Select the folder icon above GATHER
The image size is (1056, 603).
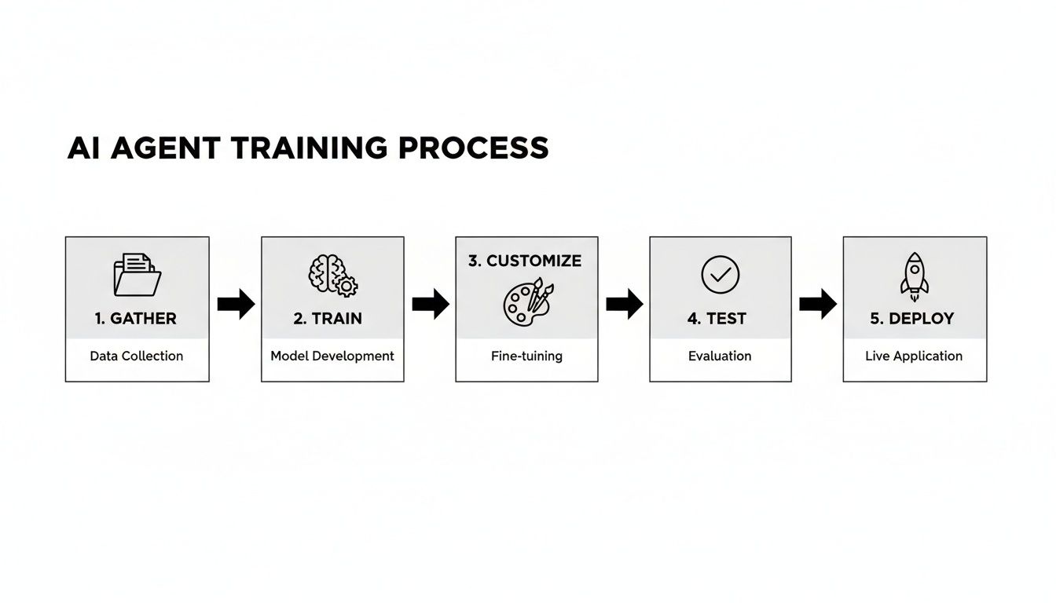pos(137,274)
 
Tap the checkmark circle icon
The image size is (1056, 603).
pos(720,274)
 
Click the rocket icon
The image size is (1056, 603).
pos(914,276)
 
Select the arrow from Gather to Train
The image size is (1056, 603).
pos(236,304)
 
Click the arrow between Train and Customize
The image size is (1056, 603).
pos(430,304)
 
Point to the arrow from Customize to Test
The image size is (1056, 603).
pos(624,304)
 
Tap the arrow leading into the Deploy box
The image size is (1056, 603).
pos(817,304)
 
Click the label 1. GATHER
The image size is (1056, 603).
pos(136,319)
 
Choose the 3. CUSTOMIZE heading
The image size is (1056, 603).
pos(525,261)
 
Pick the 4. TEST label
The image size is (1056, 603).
pos(717,319)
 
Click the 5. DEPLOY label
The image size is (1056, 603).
pos(912,319)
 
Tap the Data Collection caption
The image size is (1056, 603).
pos(137,356)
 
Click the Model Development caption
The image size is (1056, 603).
pos(332,356)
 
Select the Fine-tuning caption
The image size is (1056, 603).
pos(526,356)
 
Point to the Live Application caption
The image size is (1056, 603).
pos(914,356)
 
